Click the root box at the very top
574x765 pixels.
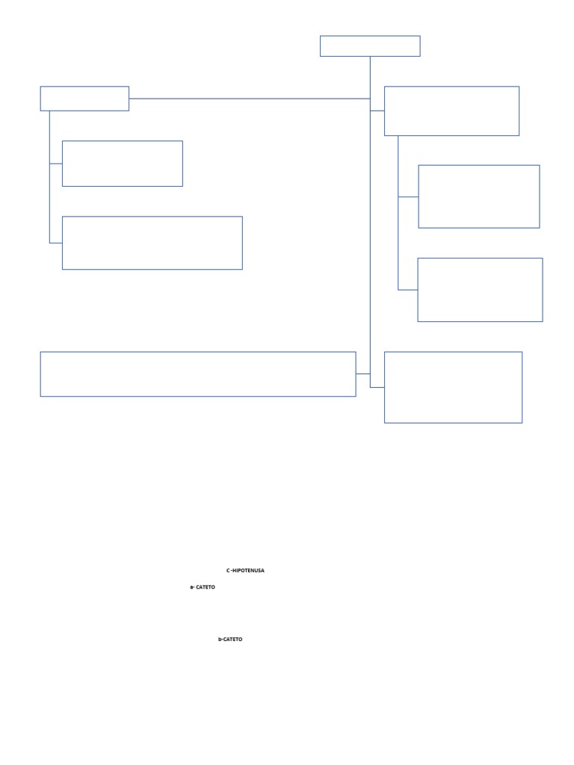(x=370, y=46)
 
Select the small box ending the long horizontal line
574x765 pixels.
(x=84, y=99)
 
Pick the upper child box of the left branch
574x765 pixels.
(x=122, y=164)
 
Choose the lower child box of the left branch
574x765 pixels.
(x=152, y=243)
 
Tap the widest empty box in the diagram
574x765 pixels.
(x=197, y=374)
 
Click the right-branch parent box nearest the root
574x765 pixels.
(x=451, y=111)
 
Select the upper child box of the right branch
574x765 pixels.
(x=478, y=196)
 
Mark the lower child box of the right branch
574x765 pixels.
(x=480, y=290)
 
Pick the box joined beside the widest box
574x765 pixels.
(x=453, y=387)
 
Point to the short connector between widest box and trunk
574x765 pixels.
(x=362, y=374)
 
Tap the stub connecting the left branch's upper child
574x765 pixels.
(x=55, y=164)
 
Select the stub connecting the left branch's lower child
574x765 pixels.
(x=55, y=243)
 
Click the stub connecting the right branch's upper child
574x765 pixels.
(x=407, y=197)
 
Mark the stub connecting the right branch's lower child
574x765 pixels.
(x=407, y=289)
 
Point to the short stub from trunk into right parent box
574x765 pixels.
(x=377, y=111)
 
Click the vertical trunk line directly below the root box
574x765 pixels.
(x=370, y=75)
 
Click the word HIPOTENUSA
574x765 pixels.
(x=248, y=571)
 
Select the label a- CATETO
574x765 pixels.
(x=203, y=587)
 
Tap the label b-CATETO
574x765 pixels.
(x=230, y=639)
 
